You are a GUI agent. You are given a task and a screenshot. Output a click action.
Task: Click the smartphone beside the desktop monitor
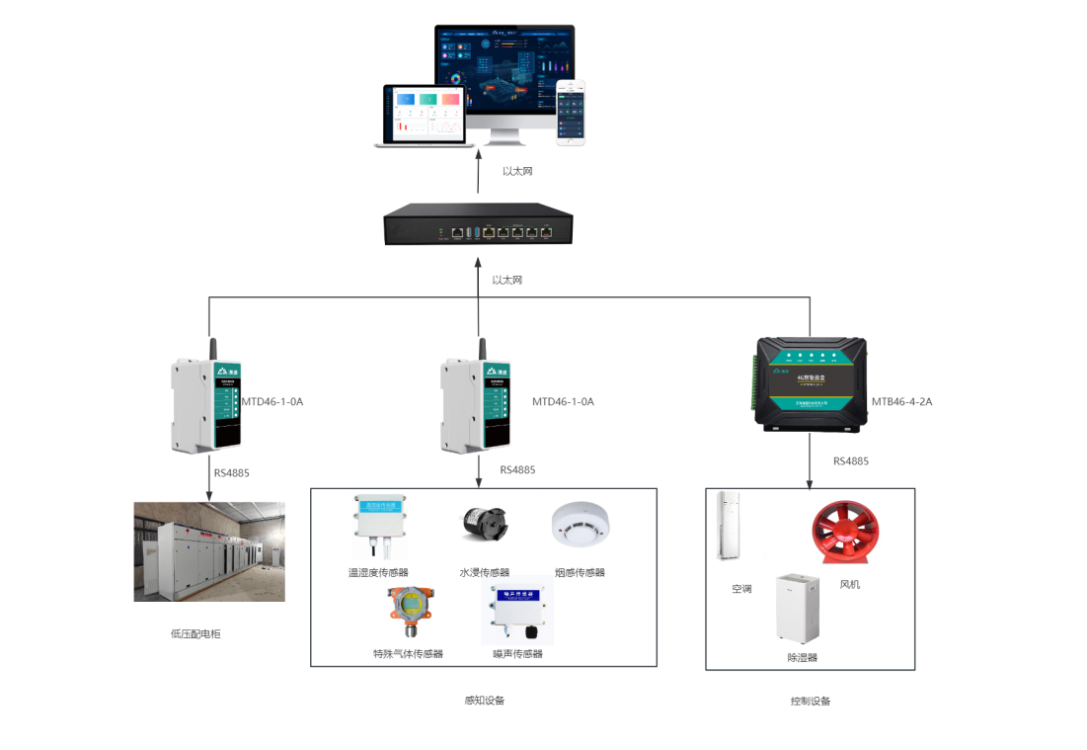coord(570,113)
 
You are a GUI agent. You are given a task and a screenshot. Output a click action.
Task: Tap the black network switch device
coord(478,225)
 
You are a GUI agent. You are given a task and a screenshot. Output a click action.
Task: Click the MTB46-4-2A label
coord(901,402)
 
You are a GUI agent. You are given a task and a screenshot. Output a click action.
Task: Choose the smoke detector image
coord(581,524)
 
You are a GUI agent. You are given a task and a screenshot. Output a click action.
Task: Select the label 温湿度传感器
coord(378,572)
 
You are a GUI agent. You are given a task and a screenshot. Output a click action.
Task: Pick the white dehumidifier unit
coord(798,609)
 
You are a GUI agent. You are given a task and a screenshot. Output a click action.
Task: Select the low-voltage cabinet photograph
coord(209,551)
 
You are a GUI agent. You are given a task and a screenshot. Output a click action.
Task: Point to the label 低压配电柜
coord(195,633)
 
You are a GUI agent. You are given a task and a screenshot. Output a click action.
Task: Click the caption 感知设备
coord(484,701)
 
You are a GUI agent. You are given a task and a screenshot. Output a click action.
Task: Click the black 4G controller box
coord(811,379)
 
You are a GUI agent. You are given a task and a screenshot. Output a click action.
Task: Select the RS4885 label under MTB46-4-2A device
coord(850,461)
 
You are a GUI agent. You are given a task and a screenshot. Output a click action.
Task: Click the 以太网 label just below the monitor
coord(517,172)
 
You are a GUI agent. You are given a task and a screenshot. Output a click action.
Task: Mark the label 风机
coord(849,584)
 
